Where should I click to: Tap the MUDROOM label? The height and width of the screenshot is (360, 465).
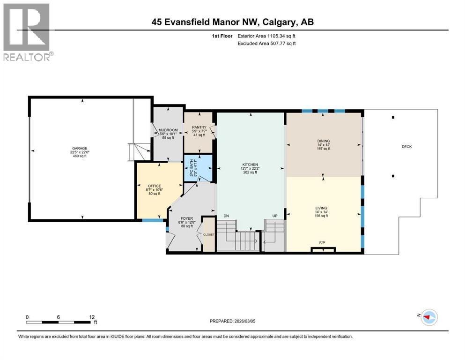(x=167, y=130)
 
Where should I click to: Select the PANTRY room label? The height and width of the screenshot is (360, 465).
(x=199, y=127)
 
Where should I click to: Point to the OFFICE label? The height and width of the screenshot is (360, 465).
(x=154, y=186)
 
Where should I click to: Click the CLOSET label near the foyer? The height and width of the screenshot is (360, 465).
(x=208, y=234)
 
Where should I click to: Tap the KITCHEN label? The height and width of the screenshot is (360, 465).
(x=250, y=165)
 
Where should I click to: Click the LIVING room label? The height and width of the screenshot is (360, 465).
(x=321, y=208)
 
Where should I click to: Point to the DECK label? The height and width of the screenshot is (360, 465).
(x=406, y=147)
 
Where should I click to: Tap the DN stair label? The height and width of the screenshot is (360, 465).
(x=226, y=216)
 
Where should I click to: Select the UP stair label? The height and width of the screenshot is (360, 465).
(x=275, y=216)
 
